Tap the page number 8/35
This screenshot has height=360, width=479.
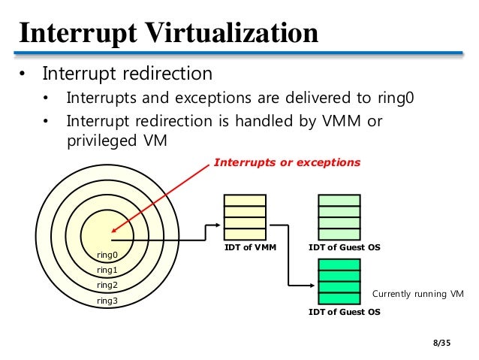[x=444, y=343]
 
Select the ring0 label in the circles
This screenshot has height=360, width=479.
[x=107, y=255]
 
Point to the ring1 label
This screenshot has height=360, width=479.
[x=107, y=270]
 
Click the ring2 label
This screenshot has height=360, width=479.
[x=107, y=285]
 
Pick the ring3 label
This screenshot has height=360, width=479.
[x=107, y=301]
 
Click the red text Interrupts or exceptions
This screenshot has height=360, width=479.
[x=287, y=162]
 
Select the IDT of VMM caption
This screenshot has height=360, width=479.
[x=245, y=247]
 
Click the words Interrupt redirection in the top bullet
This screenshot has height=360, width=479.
[x=128, y=74]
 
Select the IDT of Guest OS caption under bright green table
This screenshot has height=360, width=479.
[x=345, y=311]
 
